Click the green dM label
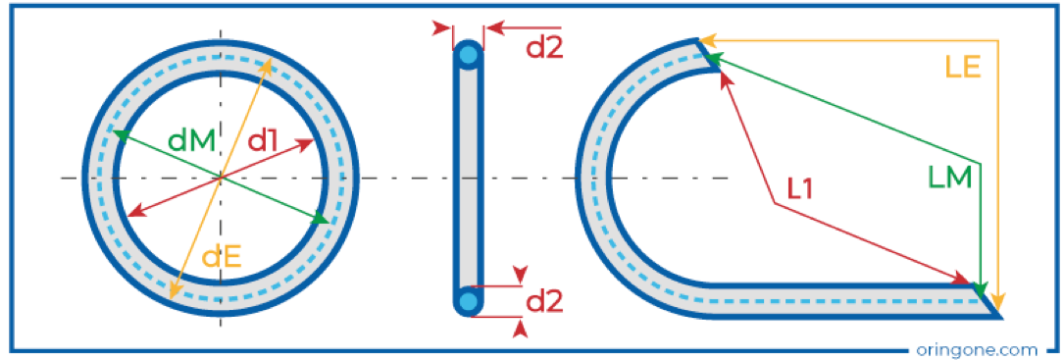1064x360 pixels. click(191, 141)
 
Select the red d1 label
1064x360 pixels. click(263, 141)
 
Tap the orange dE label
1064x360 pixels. click(222, 257)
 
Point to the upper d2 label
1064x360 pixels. click(545, 48)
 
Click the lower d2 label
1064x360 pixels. click(545, 301)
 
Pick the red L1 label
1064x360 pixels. click(801, 189)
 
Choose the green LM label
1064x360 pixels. click(949, 178)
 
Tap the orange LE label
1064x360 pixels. click(963, 67)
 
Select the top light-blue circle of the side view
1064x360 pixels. click(468, 57)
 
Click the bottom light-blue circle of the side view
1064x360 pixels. click(468, 300)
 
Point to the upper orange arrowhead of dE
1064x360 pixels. click(268, 65)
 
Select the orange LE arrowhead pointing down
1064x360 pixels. click(996, 301)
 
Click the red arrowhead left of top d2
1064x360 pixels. click(441, 28)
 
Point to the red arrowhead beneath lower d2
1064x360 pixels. click(521, 329)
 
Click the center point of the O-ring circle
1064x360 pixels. click(220, 179)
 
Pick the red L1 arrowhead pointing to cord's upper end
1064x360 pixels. click(726, 78)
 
